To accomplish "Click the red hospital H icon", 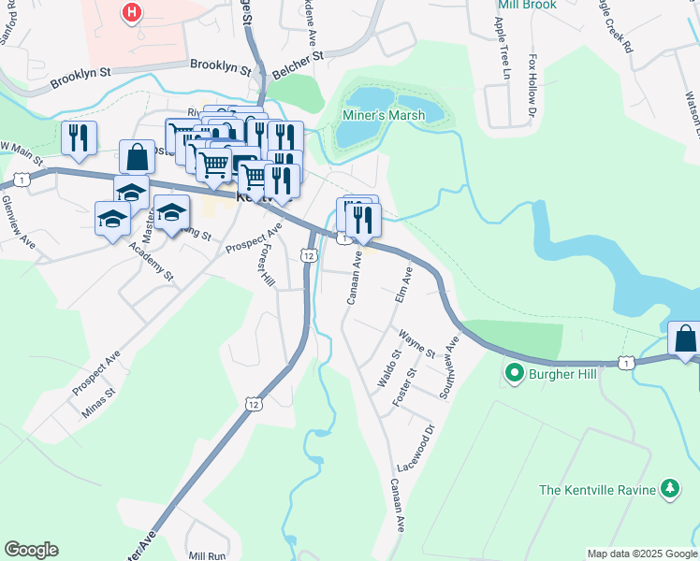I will coord(132,13).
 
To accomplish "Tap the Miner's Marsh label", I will coord(382,116).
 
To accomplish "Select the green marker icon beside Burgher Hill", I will coord(513,375).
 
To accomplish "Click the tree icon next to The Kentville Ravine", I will coord(669,489).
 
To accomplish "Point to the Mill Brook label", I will coord(527,6).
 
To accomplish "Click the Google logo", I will coord(31,550).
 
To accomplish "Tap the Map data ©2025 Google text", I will coord(642,554).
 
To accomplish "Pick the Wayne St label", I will coord(416,343).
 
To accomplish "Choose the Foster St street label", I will coord(404,386).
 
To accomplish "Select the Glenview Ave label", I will coord(18,220).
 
